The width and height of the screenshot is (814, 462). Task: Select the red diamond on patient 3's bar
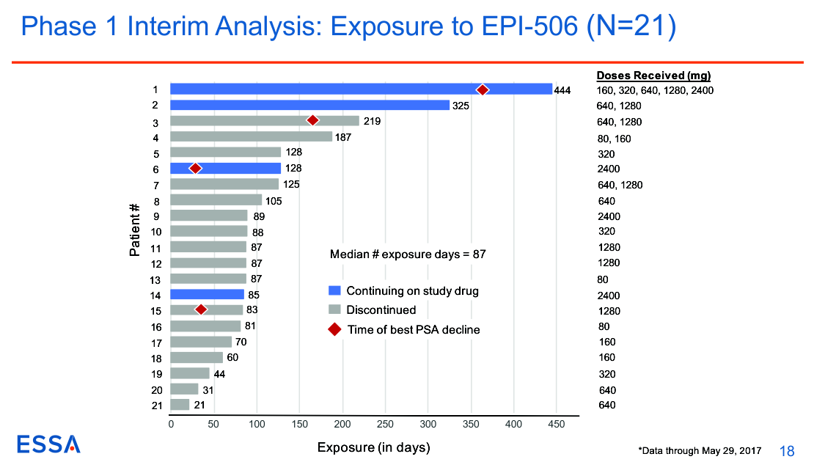coord(312,120)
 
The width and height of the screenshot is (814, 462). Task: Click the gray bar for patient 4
coord(251,136)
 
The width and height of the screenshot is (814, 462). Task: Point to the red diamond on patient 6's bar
coord(195,168)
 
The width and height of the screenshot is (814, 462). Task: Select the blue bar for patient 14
coord(207,295)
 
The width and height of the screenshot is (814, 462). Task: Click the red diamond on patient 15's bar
coord(201,309)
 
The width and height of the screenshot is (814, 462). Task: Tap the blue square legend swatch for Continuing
coord(334,291)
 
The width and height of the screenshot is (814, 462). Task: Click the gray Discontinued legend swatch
coord(334,310)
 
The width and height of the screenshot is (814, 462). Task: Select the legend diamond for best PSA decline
coord(334,330)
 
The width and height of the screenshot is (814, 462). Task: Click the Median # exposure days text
coord(408,254)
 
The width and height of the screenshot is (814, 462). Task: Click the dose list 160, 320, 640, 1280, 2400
coord(655,91)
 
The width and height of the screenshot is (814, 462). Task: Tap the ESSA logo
coord(49,444)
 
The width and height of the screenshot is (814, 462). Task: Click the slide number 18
coord(788,450)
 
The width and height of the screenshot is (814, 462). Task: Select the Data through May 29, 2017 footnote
coord(700,450)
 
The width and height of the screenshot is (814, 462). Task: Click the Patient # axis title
coord(135,230)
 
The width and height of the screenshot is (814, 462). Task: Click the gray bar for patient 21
coord(180,405)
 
